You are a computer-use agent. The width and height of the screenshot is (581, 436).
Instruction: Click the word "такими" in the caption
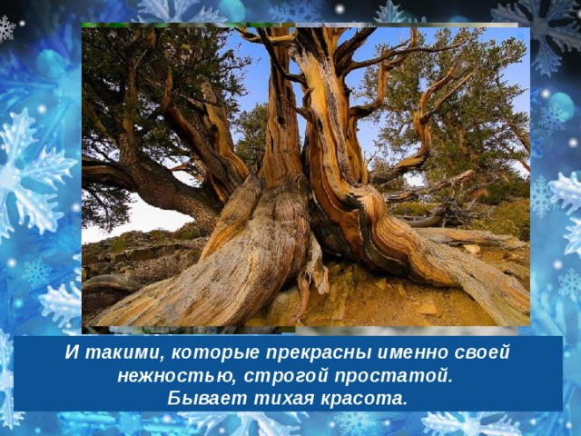click(124, 352)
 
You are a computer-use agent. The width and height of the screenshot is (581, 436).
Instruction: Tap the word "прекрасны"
click(319, 353)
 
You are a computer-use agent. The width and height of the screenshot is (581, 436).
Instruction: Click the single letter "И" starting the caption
click(73, 352)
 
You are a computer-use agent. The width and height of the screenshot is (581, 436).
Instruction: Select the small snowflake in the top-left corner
click(6, 28)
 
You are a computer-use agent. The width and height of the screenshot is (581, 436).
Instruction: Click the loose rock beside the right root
click(471, 249)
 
